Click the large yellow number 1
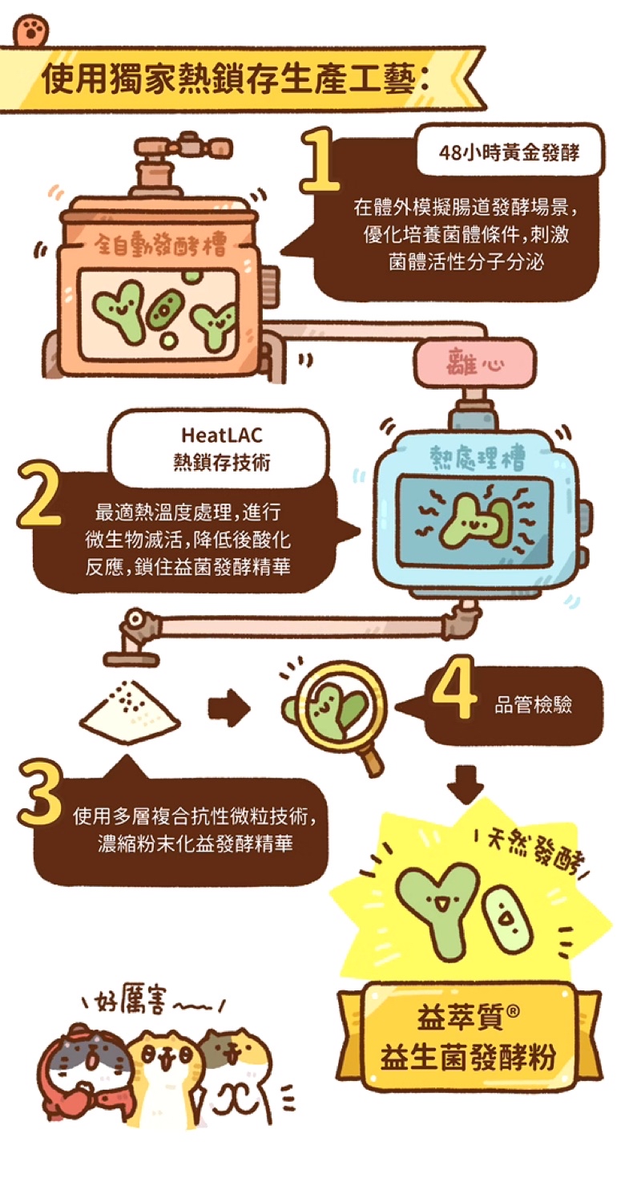(320, 160)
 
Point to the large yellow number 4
(454, 687)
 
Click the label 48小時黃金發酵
(509, 152)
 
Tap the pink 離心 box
(474, 364)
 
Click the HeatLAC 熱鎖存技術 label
(221, 448)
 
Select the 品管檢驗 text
(533, 705)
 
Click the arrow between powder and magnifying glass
(229, 708)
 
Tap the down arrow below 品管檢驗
(466, 784)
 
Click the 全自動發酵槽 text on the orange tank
(160, 244)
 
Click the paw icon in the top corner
(31, 31)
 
